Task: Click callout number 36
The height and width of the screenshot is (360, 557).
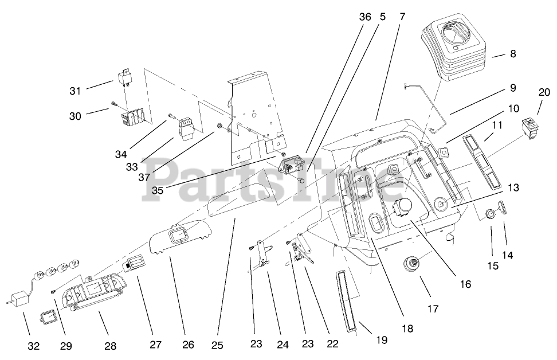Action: tap(365, 17)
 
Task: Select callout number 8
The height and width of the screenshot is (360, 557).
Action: tap(512, 54)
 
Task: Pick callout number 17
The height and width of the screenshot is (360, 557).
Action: tap(433, 309)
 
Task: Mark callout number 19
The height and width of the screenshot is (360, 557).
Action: tap(381, 340)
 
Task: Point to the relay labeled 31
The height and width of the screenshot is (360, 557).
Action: tap(125, 78)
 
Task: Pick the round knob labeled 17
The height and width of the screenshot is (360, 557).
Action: tap(411, 264)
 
